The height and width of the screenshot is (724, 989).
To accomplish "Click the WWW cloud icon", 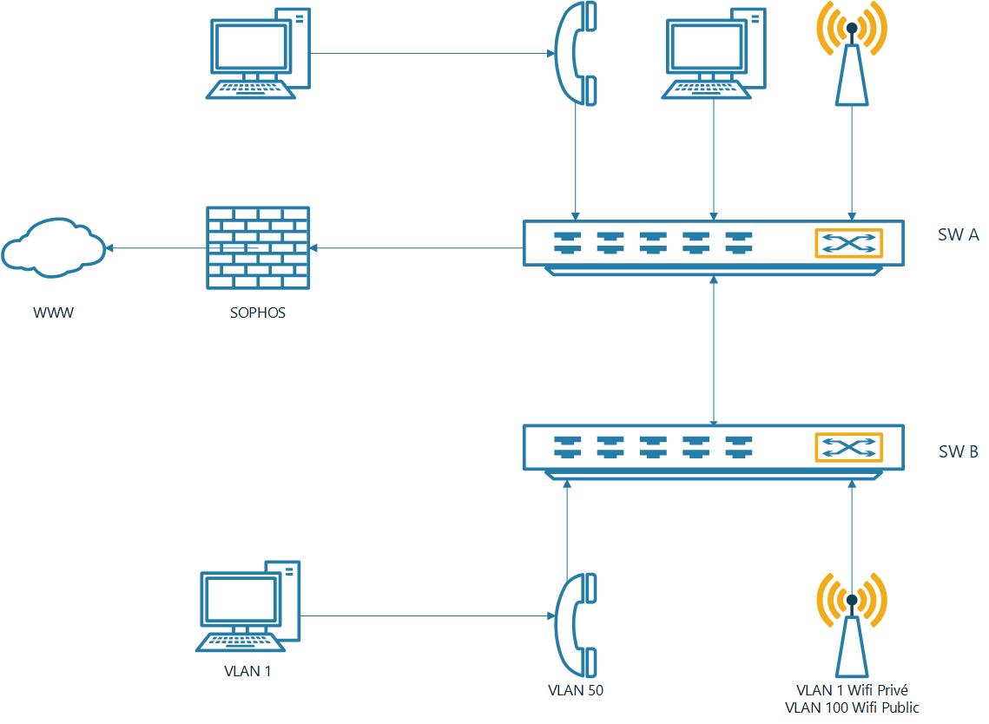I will point(53,248).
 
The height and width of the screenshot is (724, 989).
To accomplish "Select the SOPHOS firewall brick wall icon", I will point(258,248).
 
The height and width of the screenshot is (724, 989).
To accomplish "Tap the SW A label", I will point(959,235).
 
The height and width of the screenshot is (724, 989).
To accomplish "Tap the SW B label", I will point(959,451).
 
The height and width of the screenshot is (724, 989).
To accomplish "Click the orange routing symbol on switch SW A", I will point(848,244).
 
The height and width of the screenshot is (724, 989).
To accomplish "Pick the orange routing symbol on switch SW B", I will point(848,448).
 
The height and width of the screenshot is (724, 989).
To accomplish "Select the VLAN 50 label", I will point(576,691).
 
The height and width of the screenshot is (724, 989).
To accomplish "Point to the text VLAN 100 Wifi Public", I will point(852,708).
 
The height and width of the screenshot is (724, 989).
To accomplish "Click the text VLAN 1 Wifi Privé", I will point(852,690).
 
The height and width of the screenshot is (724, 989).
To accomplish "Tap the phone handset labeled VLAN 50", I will point(576,624).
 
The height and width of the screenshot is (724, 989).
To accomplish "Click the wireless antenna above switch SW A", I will point(852,52).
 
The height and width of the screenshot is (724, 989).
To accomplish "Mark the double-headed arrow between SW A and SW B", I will point(714,351).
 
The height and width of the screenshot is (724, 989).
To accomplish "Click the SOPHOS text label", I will point(258,313).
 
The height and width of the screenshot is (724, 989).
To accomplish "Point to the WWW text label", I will point(53,313).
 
